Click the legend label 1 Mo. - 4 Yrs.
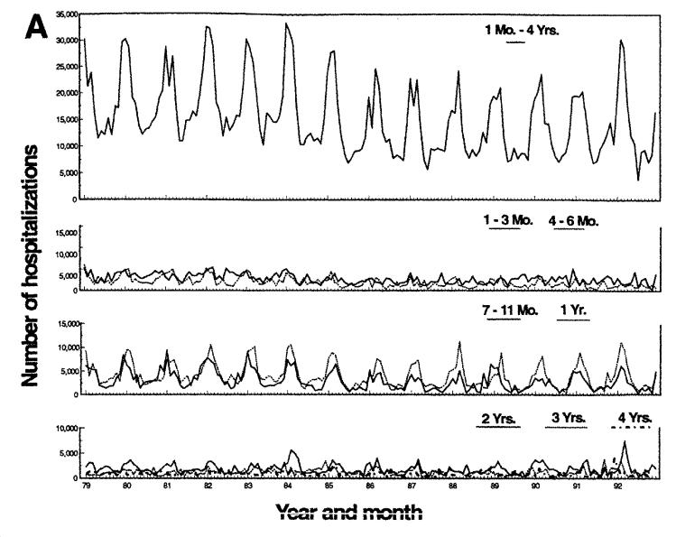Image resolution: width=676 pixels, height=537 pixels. (x=521, y=27)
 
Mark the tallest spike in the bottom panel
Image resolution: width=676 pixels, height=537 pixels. (x=625, y=441)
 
